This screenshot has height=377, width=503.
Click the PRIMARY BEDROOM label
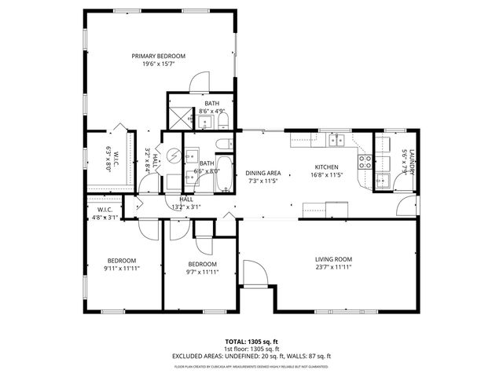(x=158, y=56)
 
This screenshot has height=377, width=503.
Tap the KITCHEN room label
(x=326, y=167)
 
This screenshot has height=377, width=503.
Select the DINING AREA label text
(x=263, y=173)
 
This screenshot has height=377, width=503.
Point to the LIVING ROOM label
(x=333, y=259)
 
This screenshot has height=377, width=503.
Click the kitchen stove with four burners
(x=365, y=162)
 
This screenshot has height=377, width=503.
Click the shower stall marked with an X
(x=182, y=117)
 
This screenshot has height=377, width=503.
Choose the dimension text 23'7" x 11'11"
(x=333, y=268)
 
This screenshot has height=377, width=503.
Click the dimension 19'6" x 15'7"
(x=158, y=64)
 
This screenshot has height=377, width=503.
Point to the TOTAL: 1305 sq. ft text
(x=251, y=342)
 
